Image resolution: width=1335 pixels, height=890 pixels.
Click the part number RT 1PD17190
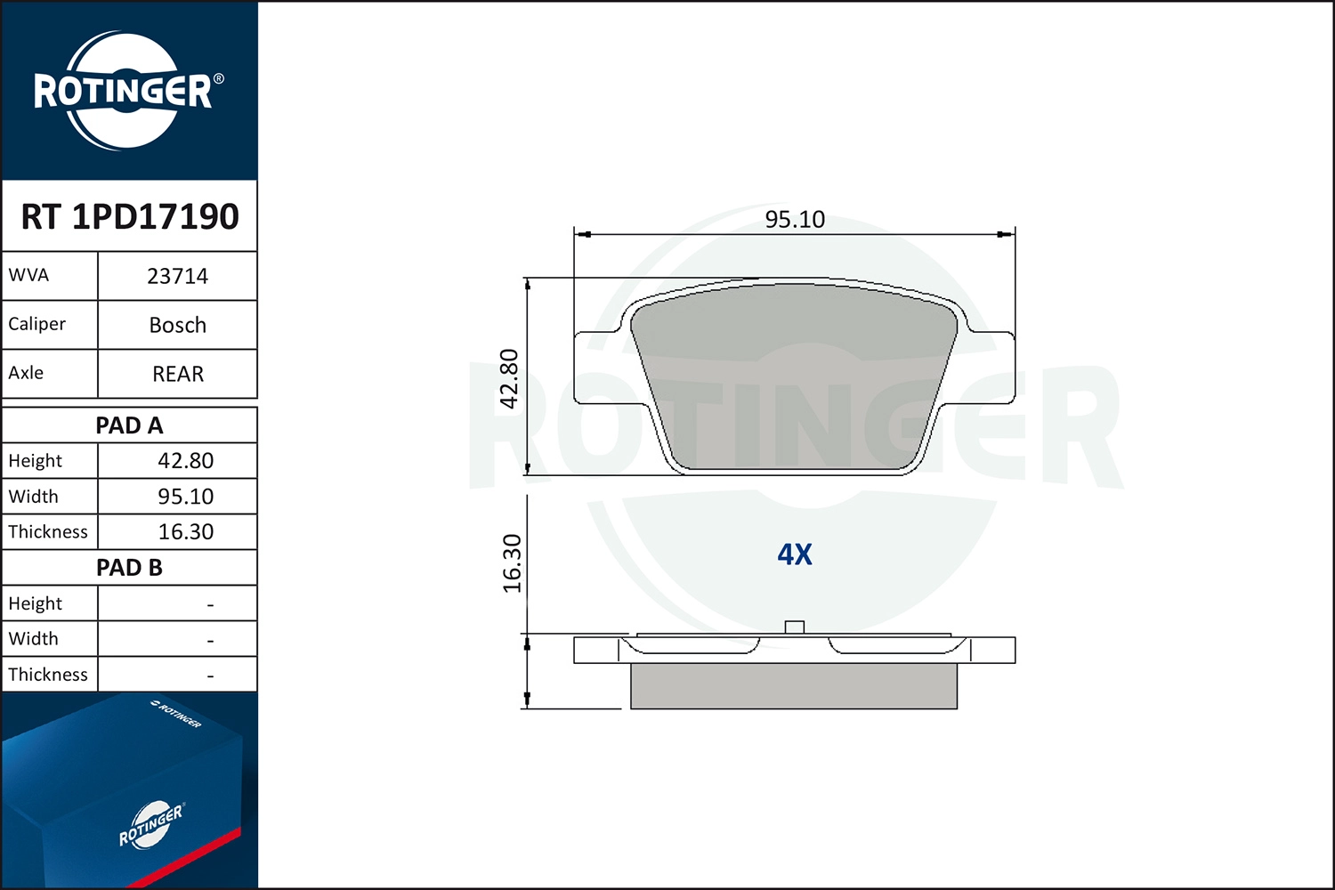point(130,216)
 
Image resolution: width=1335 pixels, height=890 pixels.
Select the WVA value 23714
point(177,276)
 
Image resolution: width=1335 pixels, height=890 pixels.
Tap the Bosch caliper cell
point(177,325)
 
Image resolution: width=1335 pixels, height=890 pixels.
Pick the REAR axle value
point(177,374)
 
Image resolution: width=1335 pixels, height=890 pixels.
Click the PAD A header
point(129,425)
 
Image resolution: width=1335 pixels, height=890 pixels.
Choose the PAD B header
point(129,568)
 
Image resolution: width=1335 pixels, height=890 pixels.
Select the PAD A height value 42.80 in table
point(185,461)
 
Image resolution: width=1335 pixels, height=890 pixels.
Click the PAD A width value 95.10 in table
point(185,497)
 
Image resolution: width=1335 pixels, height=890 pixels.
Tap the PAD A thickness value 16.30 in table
point(185,532)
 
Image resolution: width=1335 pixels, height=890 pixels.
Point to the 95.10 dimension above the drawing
point(795,219)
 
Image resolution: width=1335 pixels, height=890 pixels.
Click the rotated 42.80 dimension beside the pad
point(509,378)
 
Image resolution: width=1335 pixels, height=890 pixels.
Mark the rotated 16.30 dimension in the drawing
point(512,562)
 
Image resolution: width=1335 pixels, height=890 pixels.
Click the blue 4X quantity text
point(795,554)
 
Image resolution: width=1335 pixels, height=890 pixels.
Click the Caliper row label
point(37,324)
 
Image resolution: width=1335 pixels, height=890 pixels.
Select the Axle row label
point(26,373)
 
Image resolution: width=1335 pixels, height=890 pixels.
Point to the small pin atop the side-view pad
point(795,627)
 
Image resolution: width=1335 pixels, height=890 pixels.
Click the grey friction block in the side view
point(794,686)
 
